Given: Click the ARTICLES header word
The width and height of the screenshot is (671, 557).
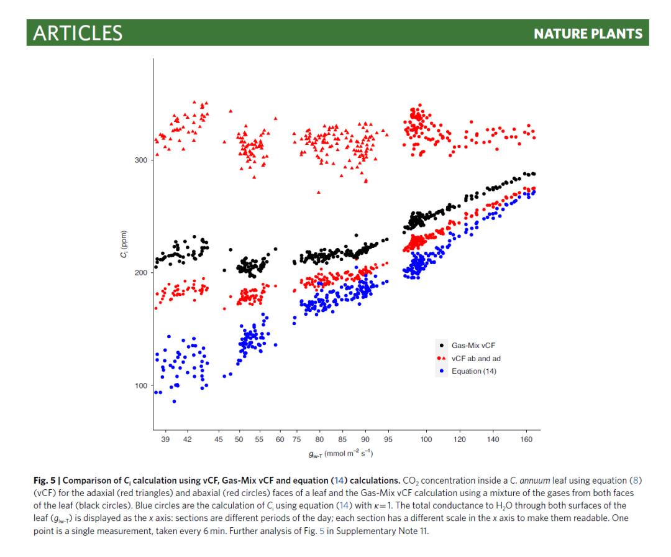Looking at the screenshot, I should click(x=78, y=33).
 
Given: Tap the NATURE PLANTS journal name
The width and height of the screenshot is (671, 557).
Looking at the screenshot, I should click(x=588, y=34).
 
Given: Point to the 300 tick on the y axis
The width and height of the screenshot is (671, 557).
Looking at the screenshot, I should click(x=141, y=160).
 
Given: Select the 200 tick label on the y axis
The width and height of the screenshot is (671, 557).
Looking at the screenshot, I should click(x=141, y=273).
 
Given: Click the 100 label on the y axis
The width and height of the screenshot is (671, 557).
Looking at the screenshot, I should click(x=141, y=385).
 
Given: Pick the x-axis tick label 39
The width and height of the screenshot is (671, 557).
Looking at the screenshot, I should click(x=165, y=440).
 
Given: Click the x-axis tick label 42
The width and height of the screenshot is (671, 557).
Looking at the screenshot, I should click(x=188, y=440).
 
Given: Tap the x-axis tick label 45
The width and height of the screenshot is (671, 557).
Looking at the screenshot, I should click(x=219, y=440).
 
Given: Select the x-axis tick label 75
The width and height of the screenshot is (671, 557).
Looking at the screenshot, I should click(x=297, y=440).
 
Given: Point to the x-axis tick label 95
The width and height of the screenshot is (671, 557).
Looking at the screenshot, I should click(x=388, y=440).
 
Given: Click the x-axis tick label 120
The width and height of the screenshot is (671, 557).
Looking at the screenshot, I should click(x=460, y=440).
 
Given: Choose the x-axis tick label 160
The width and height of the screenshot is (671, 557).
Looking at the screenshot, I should click(x=526, y=440).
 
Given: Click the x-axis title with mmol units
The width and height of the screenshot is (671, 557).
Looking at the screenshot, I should click(x=340, y=454).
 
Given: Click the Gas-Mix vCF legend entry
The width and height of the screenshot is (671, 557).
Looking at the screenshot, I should click(x=473, y=346).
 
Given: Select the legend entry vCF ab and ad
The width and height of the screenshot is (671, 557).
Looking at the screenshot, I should click(x=476, y=358).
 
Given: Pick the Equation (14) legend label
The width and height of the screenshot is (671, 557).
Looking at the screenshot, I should click(x=473, y=371).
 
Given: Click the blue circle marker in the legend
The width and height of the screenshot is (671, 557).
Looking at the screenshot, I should click(x=442, y=371).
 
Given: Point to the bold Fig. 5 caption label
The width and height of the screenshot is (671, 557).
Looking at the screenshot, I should click(x=45, y=481).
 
